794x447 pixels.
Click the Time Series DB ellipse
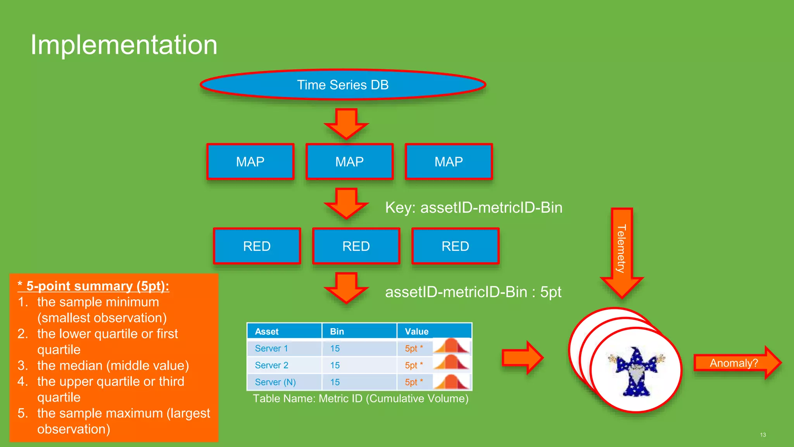click(343, 85)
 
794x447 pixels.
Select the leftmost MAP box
click(250, 161)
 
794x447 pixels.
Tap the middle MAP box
click(349, 161)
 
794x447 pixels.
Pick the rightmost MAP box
click(449, 161)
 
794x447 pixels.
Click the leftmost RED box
click(257, 246)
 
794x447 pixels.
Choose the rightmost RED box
click(455, 246)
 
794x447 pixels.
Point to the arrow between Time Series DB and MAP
click(346, 123)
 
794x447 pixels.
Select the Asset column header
click(267, 331)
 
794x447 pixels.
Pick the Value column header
click(417, 331)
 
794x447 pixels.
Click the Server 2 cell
click(272, 365)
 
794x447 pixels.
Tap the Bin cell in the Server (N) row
click(335, 382)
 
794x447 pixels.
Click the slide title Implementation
click(124, 45)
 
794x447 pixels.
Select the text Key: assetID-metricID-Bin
click(473, 208)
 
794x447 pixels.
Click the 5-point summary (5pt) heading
click(93, 286)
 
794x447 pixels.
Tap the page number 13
click(763, 435)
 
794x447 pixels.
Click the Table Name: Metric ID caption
click(361, 398)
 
